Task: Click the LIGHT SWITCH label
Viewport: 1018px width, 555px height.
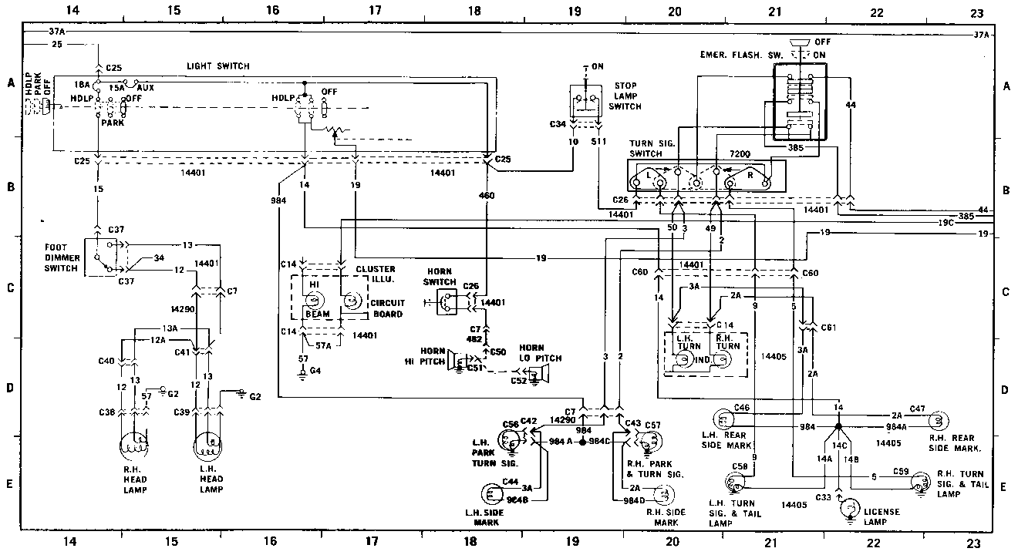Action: coord(218,67)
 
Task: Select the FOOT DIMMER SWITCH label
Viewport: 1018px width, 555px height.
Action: coord(61,257)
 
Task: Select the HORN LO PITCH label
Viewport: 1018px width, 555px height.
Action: coord(541,353)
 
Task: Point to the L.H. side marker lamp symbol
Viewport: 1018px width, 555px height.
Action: coord(492,495)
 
